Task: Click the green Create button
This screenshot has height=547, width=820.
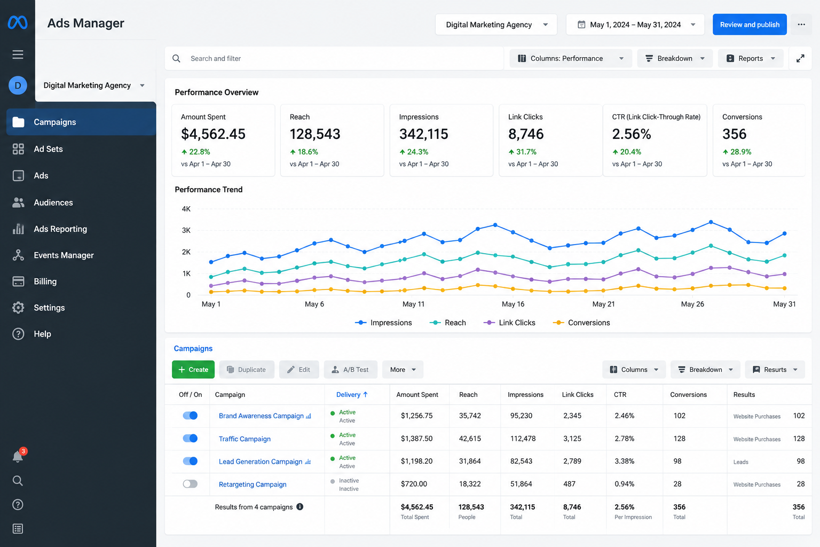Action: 193,369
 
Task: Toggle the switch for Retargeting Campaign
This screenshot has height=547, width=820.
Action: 190,484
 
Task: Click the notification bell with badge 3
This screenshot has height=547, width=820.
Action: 18,456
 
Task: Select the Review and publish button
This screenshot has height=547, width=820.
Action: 750,25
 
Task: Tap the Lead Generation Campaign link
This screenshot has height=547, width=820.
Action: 261,462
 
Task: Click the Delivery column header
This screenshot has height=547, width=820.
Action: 352,395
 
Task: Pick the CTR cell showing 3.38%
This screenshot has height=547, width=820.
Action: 624,461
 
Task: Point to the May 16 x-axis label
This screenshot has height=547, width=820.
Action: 513,304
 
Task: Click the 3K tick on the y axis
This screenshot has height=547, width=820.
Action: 186,230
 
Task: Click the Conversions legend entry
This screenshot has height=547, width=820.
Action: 581,323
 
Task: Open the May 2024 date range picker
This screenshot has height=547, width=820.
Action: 635,25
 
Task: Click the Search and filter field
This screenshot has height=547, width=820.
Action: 334,58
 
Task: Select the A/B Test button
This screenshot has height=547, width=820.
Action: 350,369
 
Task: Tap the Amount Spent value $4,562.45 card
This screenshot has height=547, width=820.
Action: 223,140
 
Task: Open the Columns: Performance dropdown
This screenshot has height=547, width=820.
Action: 571,58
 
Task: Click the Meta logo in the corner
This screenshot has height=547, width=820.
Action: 18,23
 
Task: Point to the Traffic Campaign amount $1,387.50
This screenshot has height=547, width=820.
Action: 416,439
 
